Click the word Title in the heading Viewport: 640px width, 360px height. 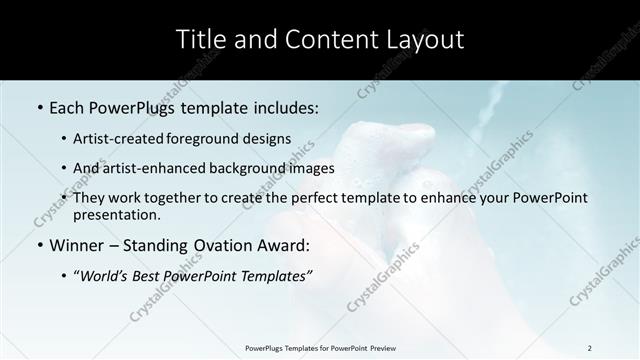tap(199, 40)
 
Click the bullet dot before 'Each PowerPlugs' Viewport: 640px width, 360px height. tap(38, 107)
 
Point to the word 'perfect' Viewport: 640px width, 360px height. tap(332, 198)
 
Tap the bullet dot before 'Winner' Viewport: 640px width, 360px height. tap(38, 245)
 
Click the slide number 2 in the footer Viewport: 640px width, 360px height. tap(590, 348)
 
